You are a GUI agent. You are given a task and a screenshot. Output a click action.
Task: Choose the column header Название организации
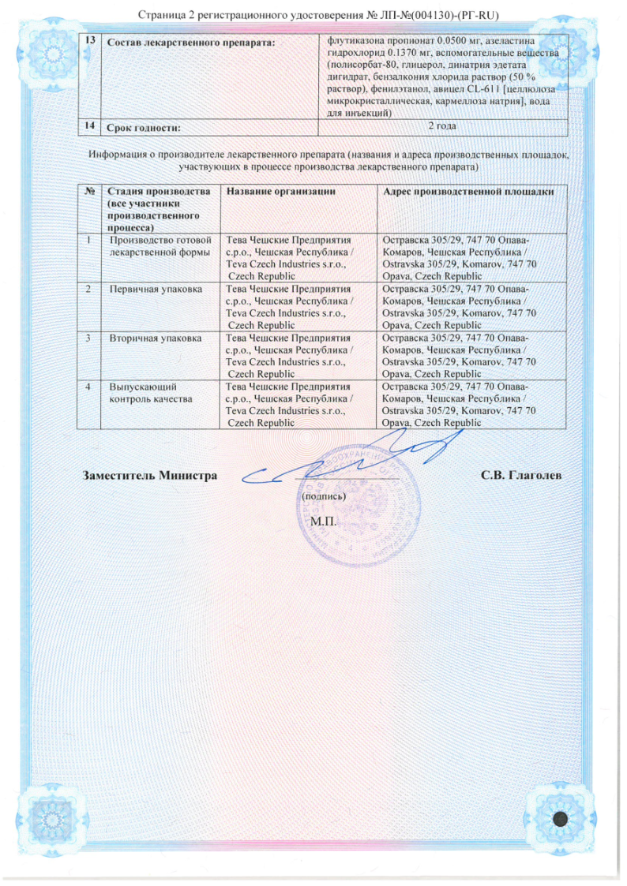point(281,192)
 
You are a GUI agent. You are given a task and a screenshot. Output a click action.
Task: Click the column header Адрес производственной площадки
point(467,192)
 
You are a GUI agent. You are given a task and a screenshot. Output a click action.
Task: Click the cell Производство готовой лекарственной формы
point(160,246)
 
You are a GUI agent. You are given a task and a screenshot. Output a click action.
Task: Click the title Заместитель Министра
point(150,476)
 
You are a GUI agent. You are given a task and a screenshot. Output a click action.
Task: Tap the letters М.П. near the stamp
point(324,522)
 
